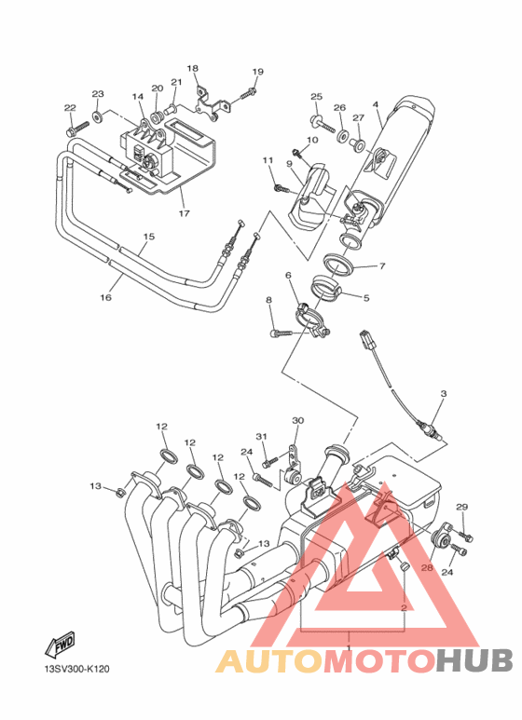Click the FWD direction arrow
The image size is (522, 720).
60,645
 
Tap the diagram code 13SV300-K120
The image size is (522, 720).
76,669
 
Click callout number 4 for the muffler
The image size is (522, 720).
376,104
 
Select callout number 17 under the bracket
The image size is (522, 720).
184,213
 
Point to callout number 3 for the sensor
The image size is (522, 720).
444,393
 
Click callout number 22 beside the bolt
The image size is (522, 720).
70,108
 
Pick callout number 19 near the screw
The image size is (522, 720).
258,72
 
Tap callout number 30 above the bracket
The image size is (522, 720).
298,421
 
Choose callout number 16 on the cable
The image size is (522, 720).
105,297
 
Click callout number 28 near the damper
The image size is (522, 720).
427,568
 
